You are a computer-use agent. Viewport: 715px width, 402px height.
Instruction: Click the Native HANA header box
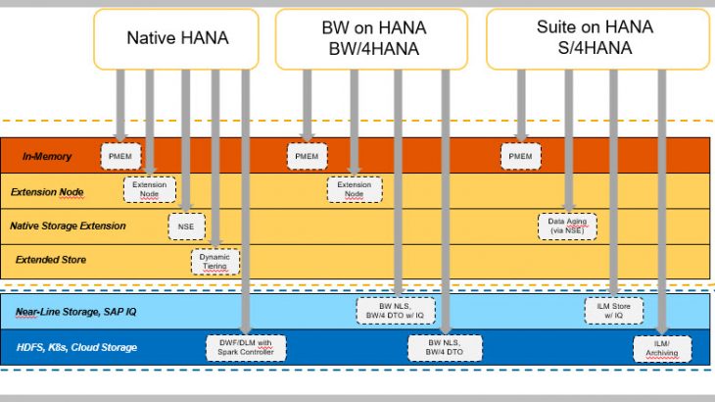tap(176, 39)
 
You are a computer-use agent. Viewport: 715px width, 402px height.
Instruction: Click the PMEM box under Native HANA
tap(119, 156)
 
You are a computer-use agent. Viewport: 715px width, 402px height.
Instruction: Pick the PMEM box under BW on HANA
tap(307, 156)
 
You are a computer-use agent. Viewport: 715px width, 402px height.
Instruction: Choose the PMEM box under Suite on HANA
tap(520, 156)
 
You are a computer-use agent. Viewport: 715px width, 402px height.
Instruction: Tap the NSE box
tap(186, 226)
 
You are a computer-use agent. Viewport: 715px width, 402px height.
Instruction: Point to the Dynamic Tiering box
tap(214, 262)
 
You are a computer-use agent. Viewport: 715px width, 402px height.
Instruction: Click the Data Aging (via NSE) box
tap(567, 226)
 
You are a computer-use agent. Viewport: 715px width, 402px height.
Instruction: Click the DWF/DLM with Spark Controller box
tap(245, 347)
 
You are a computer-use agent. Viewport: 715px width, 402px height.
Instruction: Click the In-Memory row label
tap(47, 157)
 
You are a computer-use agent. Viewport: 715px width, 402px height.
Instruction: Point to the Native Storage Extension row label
tap(68, 226)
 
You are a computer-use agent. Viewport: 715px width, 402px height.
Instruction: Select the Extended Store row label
tap(51, 260)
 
